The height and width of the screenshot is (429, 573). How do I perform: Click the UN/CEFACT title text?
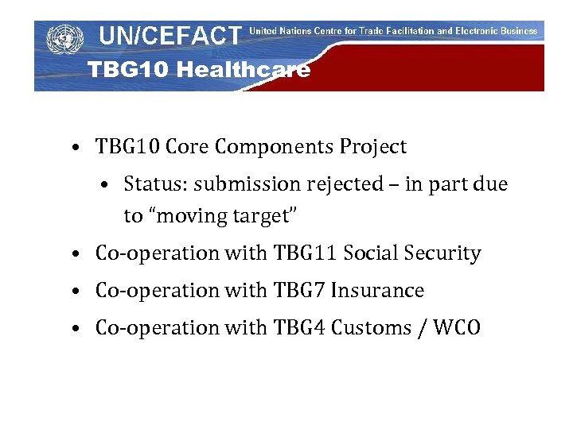(170, 35)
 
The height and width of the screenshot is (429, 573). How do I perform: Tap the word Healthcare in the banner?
(243, 70)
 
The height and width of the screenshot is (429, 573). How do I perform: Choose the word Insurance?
(377, 291)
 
